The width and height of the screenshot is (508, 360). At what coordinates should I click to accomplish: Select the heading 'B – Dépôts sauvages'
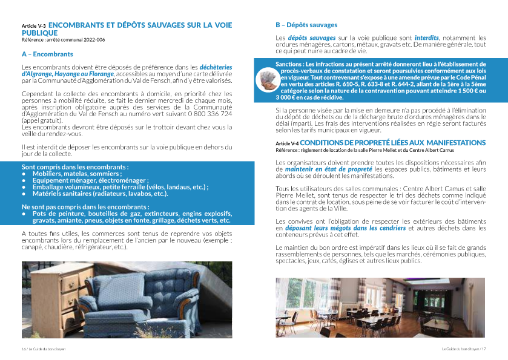coord(306,25)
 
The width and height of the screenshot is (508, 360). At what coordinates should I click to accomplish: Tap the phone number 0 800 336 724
coord(207,113)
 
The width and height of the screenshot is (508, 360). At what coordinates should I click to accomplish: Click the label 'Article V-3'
coord(33,26)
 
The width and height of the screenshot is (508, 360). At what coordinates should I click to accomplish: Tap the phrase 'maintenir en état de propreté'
coord(321,169)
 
